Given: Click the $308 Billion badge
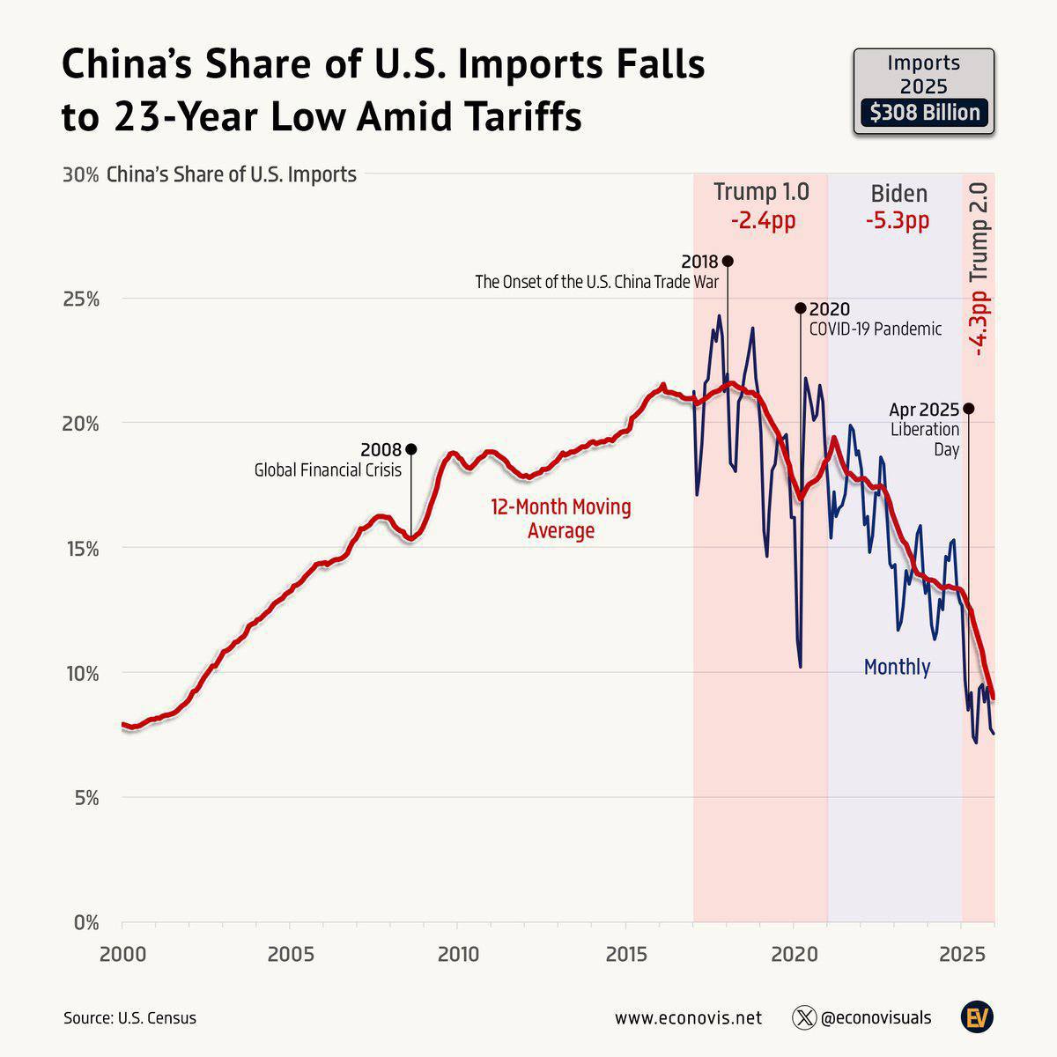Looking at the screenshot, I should point(924,113).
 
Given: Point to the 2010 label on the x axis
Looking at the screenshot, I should point(457,954).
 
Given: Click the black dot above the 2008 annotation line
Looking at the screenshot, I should point(410,449).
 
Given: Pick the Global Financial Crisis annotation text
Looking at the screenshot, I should point(328,470).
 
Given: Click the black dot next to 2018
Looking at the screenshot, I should point(728,261).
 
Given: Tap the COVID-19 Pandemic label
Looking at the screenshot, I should point(875,329).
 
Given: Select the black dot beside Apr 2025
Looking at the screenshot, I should point(969,408).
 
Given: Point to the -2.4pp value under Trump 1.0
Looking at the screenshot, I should point(763,220).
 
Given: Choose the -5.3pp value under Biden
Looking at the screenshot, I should point(898,220).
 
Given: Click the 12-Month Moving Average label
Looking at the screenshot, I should point(561,519).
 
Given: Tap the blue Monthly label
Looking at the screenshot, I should point(897,667).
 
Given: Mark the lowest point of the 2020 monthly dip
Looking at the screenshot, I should point(800,666).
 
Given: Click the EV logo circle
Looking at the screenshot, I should point(977,1017).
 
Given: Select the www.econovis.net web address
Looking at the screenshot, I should point(688,1018).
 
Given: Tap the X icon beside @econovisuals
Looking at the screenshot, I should point(804,1017).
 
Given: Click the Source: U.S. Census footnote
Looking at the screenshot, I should point(129,1018).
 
